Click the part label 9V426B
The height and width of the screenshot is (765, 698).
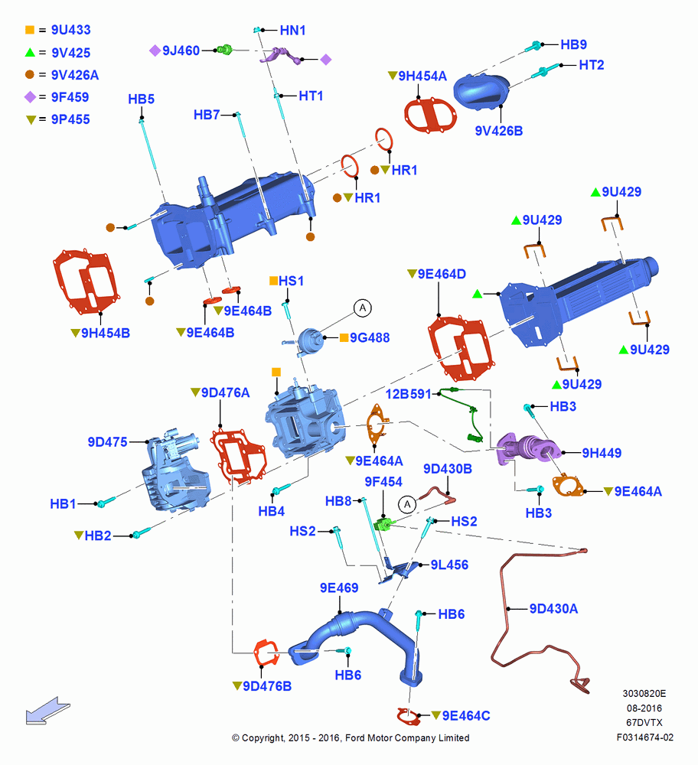tap(499, 131)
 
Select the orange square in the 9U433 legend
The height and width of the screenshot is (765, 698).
tap(30, 30)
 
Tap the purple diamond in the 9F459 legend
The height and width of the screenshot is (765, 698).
tap(31, 97)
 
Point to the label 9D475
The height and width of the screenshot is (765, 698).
tap(107, 442)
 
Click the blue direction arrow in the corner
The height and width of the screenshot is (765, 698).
tap(47, 711)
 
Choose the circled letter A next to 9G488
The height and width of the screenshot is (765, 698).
tap(363, 308)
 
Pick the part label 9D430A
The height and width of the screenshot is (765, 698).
tap(553, 608)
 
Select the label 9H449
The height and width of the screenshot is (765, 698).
tap(602, 453)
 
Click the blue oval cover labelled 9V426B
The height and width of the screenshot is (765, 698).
tap(481, 92)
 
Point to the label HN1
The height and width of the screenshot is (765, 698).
tap(292, 31)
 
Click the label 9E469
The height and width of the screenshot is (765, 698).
tap(339, 588)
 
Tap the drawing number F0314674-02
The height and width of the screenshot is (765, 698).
tap(644, 737)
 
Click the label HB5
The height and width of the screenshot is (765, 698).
tap(141, 99)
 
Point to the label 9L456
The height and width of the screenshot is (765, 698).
tap(449, 565)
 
